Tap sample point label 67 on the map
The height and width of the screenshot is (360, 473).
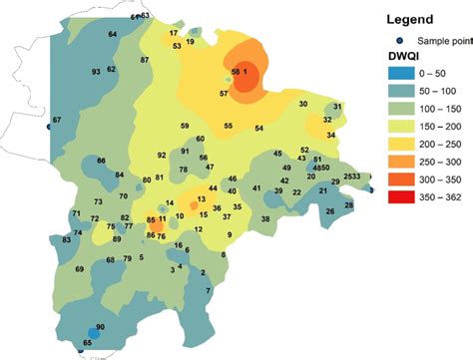[57, 121]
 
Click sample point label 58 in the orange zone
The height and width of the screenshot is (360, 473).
[236, 73]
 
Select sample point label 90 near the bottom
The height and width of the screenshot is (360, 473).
[101, 327]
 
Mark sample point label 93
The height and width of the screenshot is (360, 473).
[96, 73]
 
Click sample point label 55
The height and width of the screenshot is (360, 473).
[228, 126]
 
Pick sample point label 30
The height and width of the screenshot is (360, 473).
[303, 105]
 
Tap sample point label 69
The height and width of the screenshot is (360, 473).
[80, 269]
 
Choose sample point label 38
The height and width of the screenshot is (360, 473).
[265, 218]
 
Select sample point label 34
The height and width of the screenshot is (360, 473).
[330, 135]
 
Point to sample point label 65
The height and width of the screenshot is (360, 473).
[87, 343]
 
